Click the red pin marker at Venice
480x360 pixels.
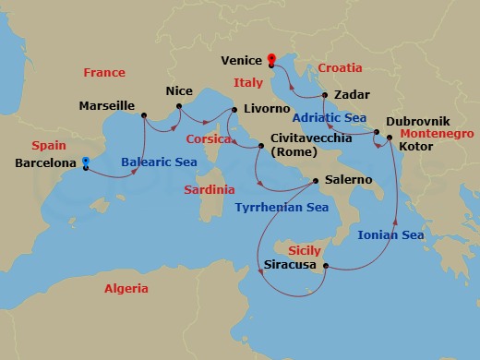[x=271, y=61]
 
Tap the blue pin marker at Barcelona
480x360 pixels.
[x=85, y=162]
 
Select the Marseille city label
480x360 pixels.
[x=109, y=106]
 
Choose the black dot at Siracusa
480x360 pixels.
[x=325, y=267]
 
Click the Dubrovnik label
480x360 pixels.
[x=417, y=121]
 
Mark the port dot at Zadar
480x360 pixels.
[x=325, y=95]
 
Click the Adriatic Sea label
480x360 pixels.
[x=330, y=117]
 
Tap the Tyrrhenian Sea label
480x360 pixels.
[x=282, y=208]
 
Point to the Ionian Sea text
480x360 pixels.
[x=390, y=235]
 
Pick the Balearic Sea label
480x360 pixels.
[x=158, y=162]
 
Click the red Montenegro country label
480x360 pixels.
[x=438, y=134]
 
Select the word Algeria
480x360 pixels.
[x=125, y=289]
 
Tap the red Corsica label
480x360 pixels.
[x=207, y=139]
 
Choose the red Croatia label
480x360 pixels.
[x=341, y=68]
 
